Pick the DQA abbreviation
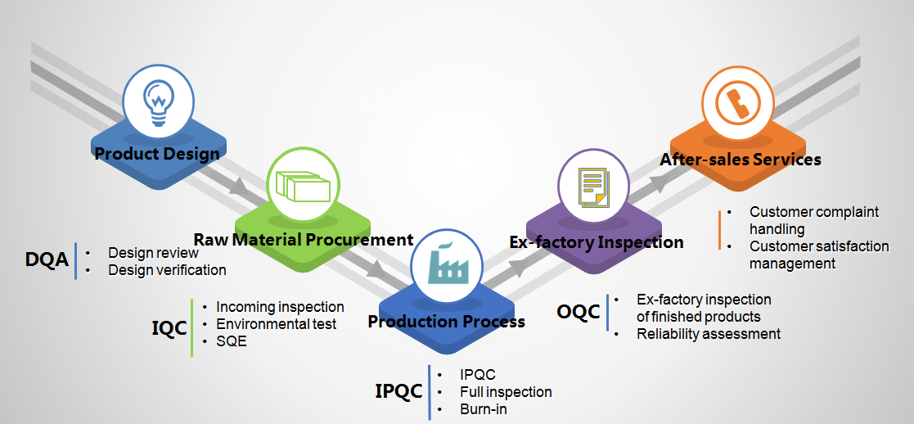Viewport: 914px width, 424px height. tap(46, 261)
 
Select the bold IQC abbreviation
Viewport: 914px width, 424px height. tap(169, 328)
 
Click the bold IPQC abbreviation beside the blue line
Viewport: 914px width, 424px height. tap(398, 391)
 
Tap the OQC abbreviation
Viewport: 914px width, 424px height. tap(579, 312)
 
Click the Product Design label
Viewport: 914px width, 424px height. tap(157, 153)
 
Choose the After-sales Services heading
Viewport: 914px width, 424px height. tap(741, 159)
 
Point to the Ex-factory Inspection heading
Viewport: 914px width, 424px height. tap(597, 242)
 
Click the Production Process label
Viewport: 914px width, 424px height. tap(446, 322)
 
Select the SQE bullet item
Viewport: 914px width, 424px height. tap(232, 341)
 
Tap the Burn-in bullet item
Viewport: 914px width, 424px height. tap(483, 409)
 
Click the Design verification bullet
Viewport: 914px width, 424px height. tap(167, 269)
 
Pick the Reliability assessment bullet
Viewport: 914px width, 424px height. tap(709, 334)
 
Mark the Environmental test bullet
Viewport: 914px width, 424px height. tap(277, 324)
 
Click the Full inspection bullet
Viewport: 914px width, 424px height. tap(506, 392)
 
